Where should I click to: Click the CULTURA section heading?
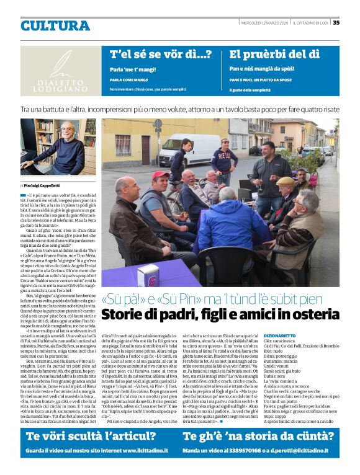click(55, 25)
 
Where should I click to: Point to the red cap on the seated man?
click(160, 175)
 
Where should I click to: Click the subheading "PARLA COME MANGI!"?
click(129, 80)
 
